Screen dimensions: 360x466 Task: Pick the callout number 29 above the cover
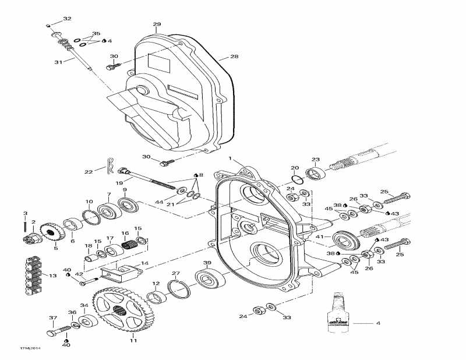click(x=157, y=24)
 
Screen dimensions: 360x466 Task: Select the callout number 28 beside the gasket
click(x=234, y=57)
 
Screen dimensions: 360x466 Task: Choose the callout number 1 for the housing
click(x=230, y=158)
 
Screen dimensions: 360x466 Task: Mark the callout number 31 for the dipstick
click(x=58, y=62)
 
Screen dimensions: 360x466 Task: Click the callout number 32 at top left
click(x=67, y=19)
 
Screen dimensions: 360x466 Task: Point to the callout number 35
click(x=96, y=34)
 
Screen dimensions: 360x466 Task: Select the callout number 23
click(x=316, y=160)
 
